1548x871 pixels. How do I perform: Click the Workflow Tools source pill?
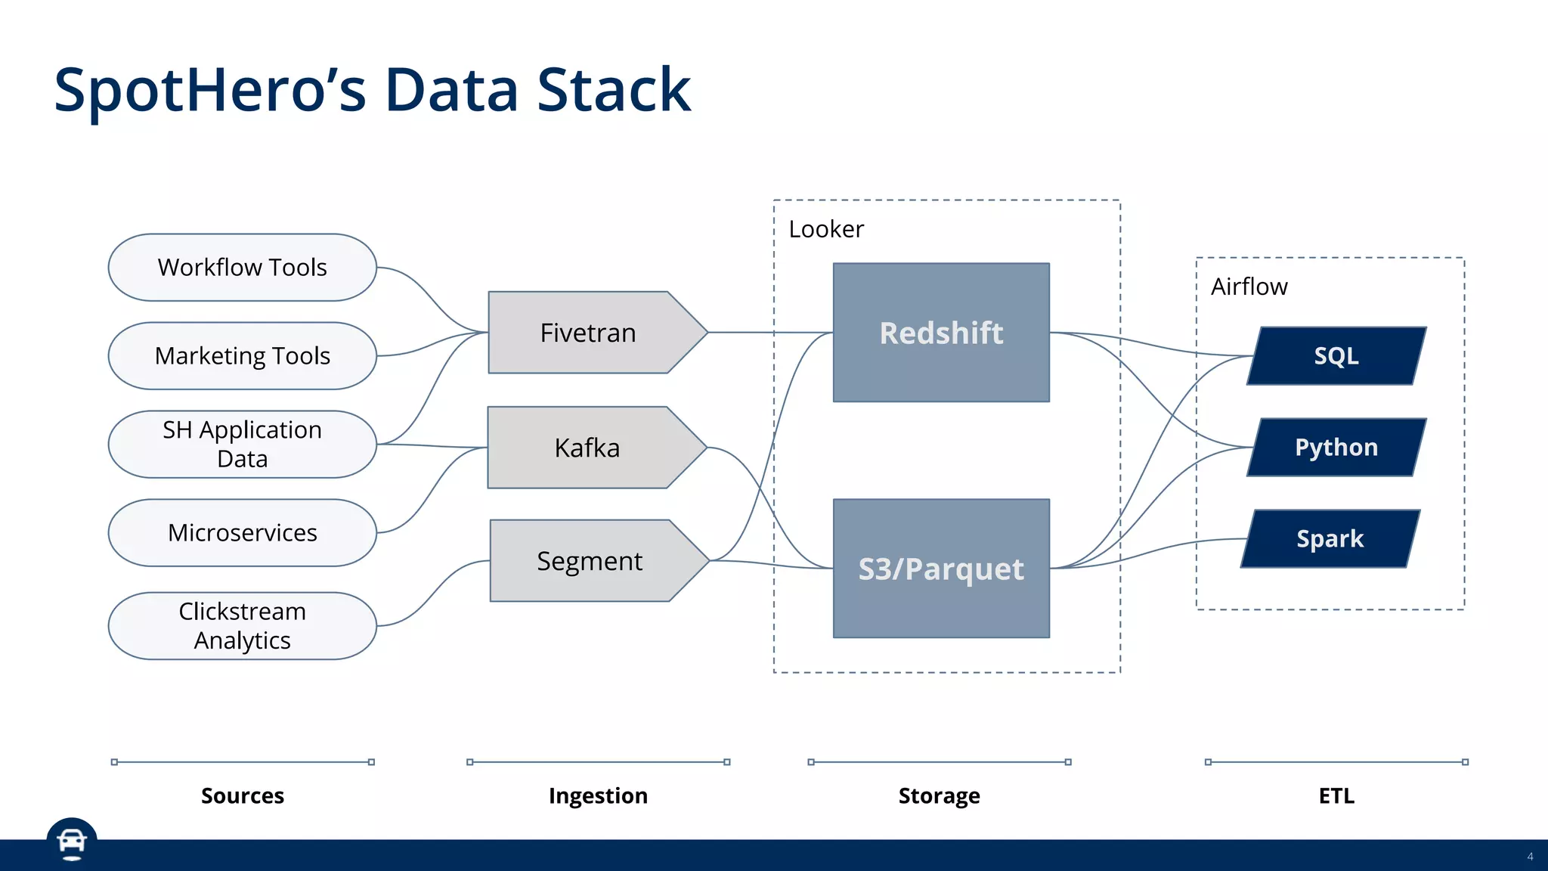click(242, 268)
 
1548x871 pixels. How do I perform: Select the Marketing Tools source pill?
click(242, 356)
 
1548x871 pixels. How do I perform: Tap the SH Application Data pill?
click(242, 445)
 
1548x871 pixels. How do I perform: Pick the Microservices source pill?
click(242, 533)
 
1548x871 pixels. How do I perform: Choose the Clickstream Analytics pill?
click(242, 626)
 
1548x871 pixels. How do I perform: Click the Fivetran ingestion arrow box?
click(588, 333)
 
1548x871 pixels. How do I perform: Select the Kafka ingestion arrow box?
click(587, 448)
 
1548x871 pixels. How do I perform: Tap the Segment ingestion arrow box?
click(590, 561)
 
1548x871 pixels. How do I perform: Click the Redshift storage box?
click(941, 333)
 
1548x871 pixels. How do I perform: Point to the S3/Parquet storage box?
click(941, 569)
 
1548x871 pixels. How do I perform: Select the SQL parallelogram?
click(1336, 356)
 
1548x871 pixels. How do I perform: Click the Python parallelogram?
click(1336, 448)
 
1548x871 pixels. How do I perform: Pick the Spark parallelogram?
click(1330, 539)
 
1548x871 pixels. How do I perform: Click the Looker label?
click(825, 229)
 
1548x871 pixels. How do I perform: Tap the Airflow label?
click(1249, 287)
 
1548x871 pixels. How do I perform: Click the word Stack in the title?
click(614, 91)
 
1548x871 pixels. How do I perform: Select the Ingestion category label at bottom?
click(598, 795)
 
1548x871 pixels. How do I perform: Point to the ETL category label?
click(1336, 795)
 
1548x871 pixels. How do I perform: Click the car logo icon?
click(72, 842)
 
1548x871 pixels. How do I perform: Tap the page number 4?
click(1530, 857)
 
